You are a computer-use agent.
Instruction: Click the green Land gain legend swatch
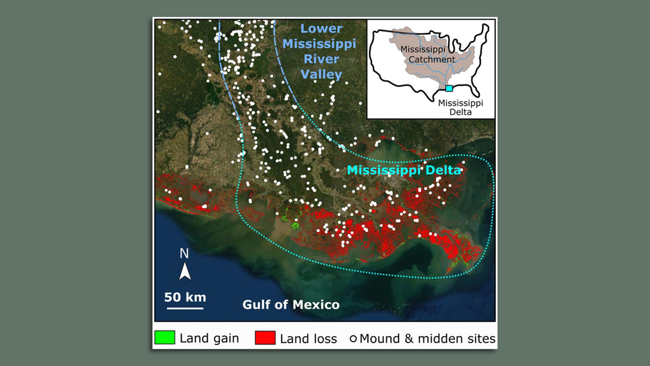point(164,338)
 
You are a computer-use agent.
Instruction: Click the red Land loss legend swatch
point(264,338)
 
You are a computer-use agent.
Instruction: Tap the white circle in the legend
point(353,339)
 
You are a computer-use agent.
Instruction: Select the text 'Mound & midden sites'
point(427,338)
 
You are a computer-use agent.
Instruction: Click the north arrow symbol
point(185,272)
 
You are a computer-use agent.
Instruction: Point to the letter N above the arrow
point(184,254)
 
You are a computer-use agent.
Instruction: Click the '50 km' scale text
point(185,297)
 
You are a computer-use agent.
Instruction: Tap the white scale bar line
point(185,308)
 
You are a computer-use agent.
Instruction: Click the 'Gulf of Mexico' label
point(291,305)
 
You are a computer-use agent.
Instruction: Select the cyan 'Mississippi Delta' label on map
point(404,170)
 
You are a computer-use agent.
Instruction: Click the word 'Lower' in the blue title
point(321,29)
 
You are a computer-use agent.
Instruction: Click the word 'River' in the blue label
point(321,59)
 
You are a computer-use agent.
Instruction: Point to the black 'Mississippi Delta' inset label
point(460,107)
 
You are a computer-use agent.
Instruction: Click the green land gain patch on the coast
point(294,223)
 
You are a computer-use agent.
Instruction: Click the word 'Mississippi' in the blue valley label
point(320,44)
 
